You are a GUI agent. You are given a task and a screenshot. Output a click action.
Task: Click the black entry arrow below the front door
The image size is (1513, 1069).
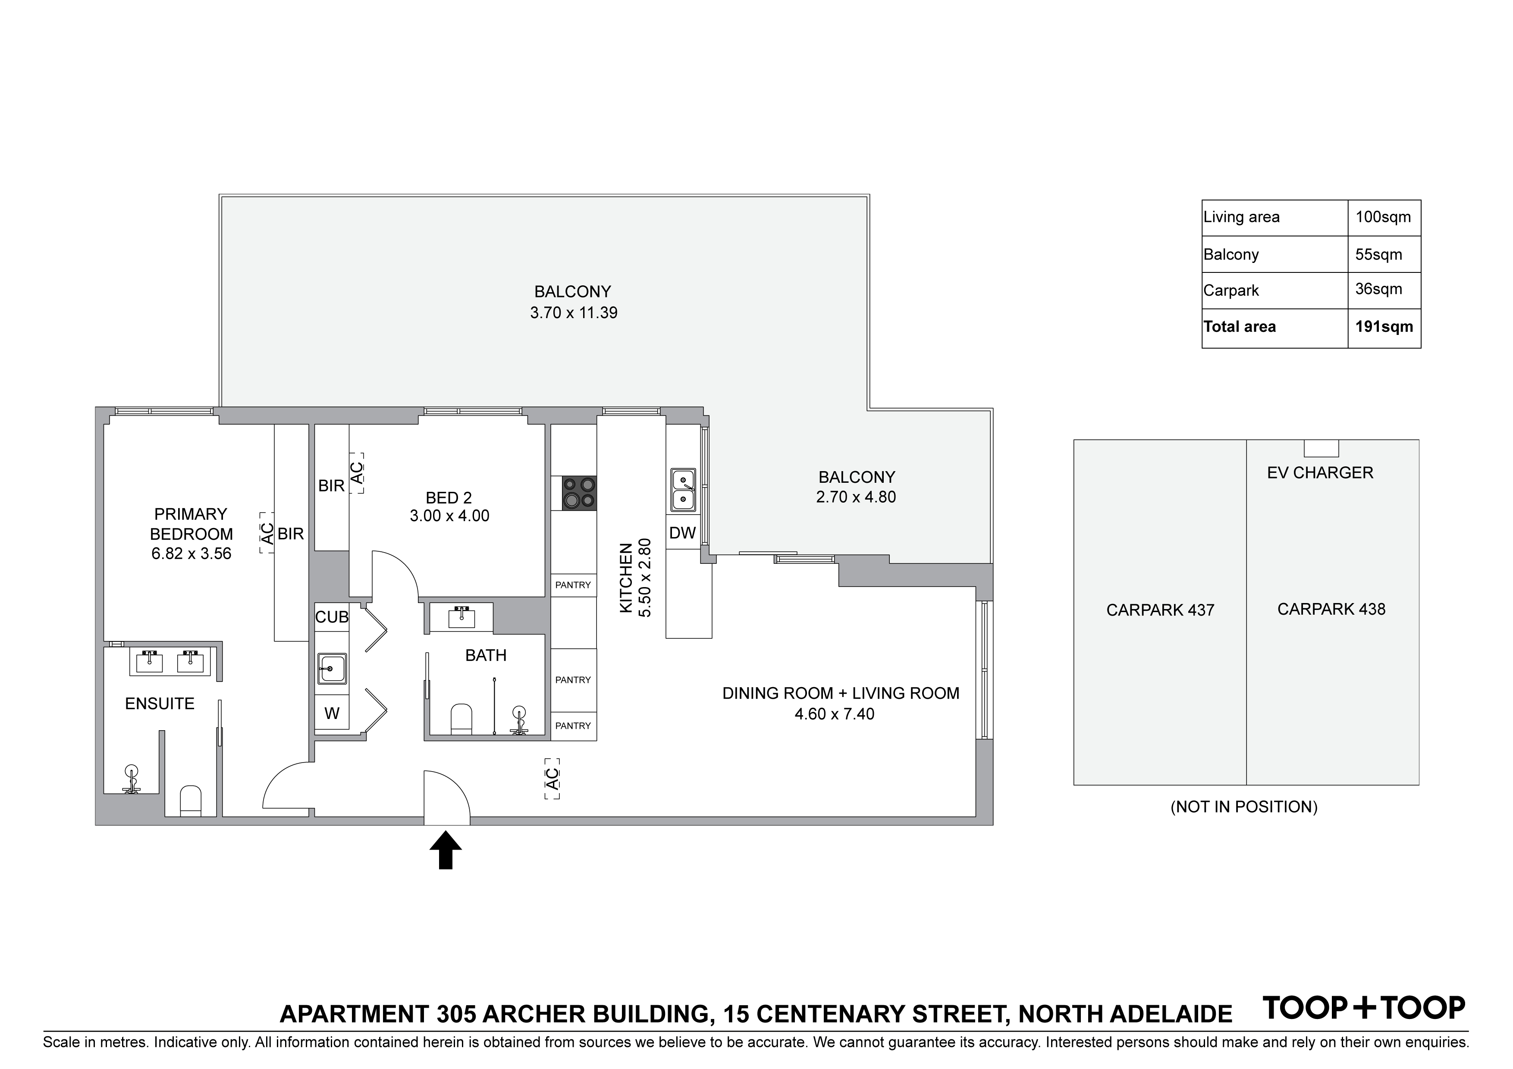coord(446,850)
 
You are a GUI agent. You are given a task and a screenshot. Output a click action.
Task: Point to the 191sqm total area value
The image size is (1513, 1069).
coord(1384,327)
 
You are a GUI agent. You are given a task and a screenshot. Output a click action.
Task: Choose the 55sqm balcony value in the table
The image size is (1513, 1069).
coord(1378,255)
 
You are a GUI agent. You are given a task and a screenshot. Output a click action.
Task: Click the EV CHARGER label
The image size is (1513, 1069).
coord(1320,473)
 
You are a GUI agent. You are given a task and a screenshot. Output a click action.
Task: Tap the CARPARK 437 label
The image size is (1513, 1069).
coord(1160,610)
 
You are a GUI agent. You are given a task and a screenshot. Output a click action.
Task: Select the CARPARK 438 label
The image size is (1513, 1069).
coord(1331,609)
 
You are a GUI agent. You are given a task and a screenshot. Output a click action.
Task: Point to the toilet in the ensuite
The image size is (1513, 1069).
coord(191,800)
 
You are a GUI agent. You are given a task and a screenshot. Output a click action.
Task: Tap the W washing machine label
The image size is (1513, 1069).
coord(332,714)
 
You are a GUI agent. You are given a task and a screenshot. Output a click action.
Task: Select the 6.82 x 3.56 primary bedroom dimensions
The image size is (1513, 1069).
coord(191,554)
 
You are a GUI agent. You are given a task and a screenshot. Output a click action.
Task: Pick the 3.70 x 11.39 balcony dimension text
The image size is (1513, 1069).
coord(573,313)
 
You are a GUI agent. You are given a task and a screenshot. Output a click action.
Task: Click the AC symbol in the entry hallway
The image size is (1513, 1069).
coord(552,779)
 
